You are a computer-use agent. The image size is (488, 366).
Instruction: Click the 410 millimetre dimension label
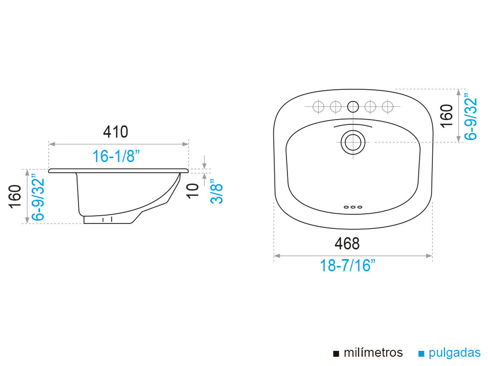[x=116, y=132]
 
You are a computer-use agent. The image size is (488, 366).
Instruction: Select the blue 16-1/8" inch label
[x=116, y=156]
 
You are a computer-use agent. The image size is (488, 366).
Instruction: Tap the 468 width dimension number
[x=347, y=244]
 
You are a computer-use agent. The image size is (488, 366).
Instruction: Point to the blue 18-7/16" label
[x=347, y=266]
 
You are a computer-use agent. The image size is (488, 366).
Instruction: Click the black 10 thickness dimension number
[x=193, y=190]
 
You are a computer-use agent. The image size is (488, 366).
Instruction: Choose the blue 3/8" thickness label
[x=216, y=191]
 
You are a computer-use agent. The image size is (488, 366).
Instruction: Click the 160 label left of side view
[x=15, y=196]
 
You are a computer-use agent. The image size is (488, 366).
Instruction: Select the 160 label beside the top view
[x=447, y=116]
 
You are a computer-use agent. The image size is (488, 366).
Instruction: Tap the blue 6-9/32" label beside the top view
[x=470, y=117]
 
